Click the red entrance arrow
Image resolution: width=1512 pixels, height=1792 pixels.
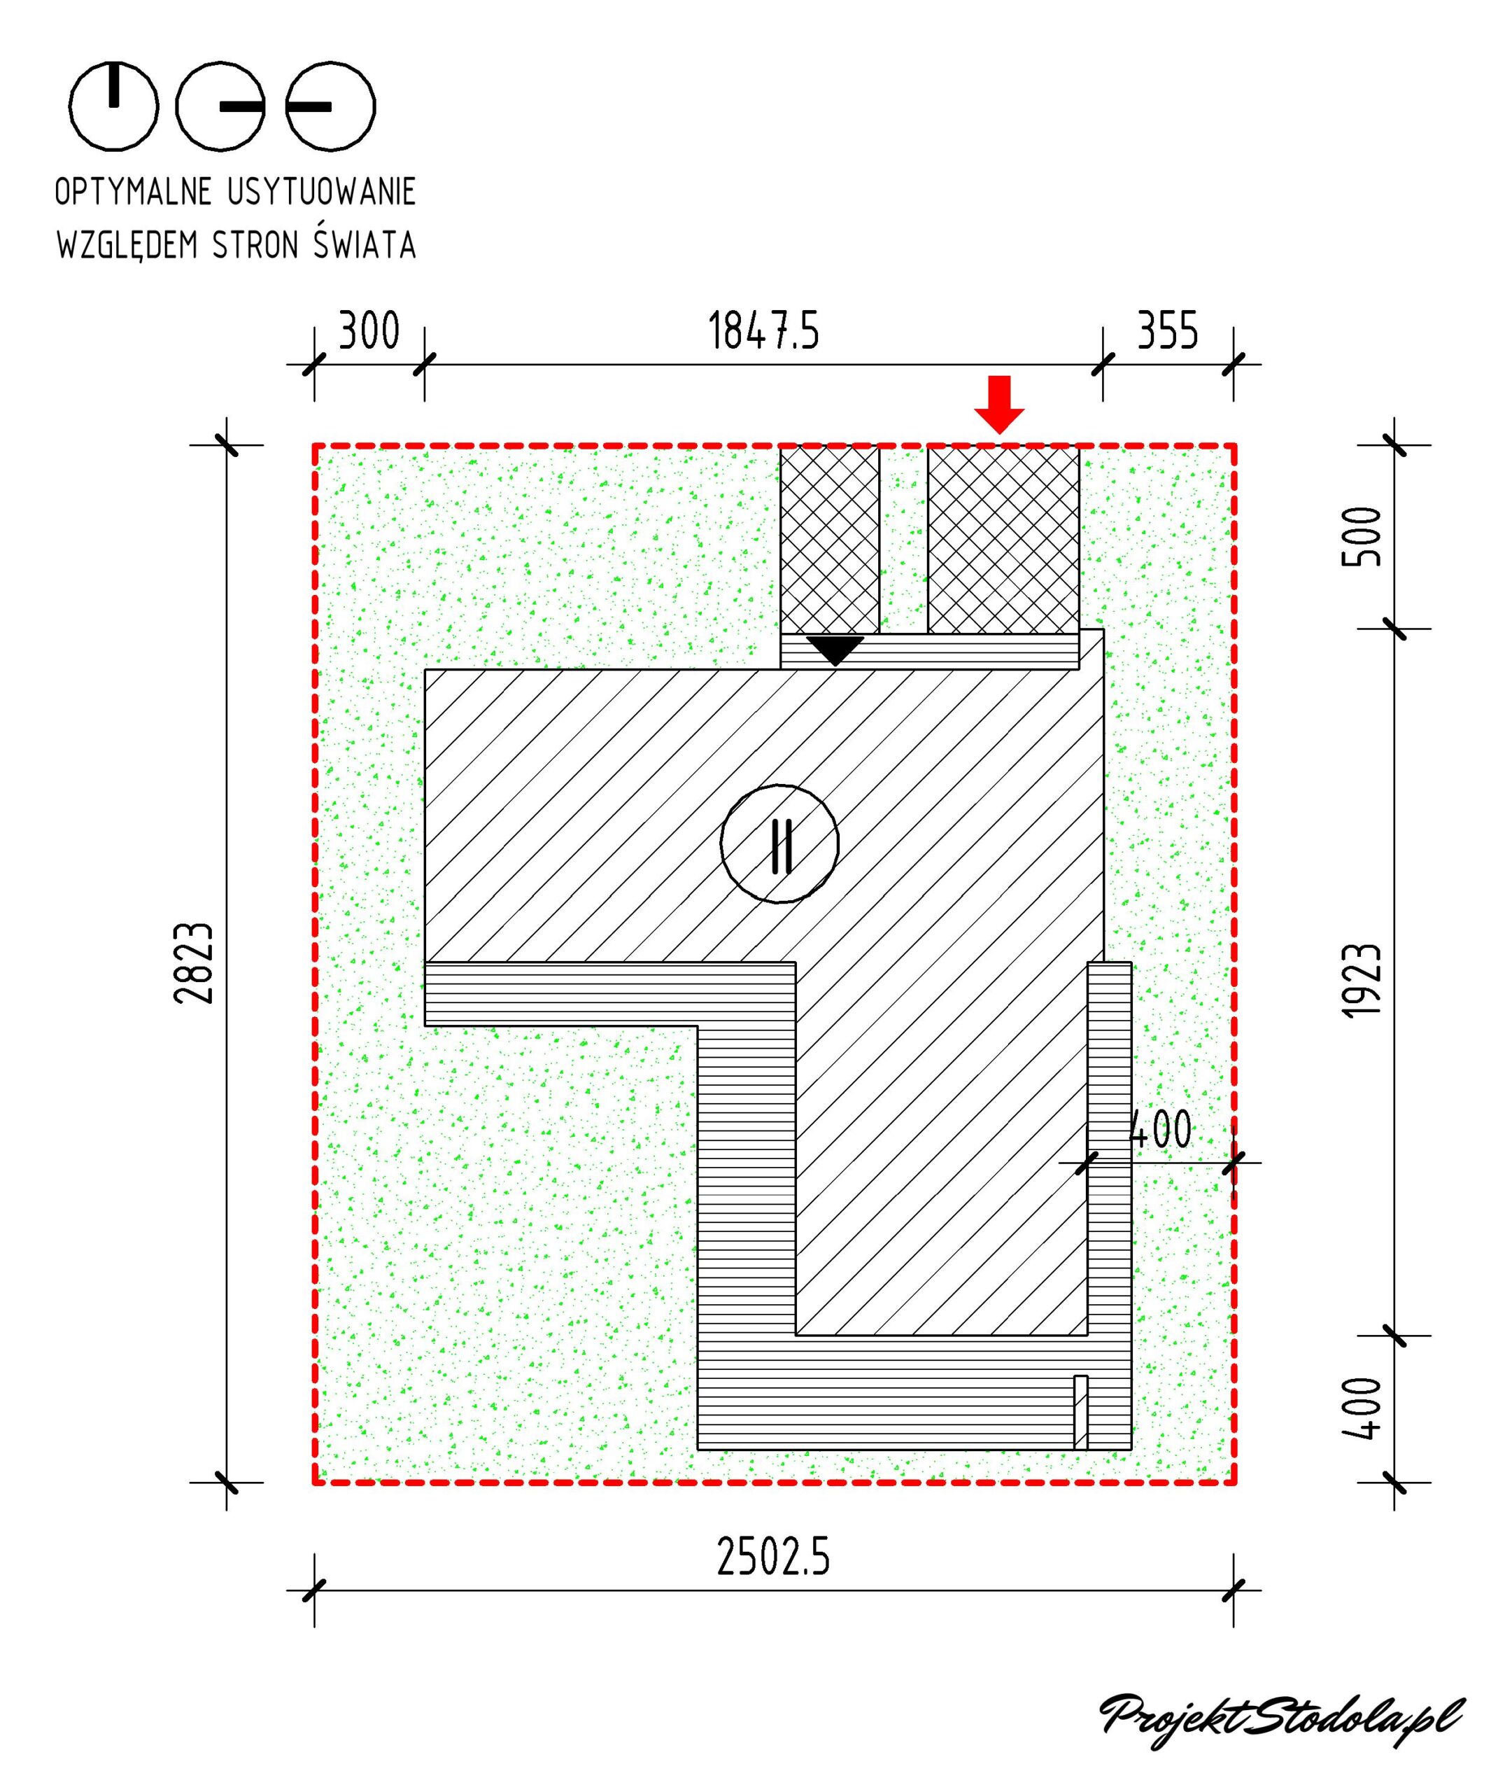(x=999, y=404)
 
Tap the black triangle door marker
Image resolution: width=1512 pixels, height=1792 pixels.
(x=835, y=650)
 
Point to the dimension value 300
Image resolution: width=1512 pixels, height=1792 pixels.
(x=369, y=331)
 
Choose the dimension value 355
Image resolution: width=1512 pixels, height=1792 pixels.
(x=1168, y=331)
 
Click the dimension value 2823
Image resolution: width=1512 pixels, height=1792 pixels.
(x=193, y=963)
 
